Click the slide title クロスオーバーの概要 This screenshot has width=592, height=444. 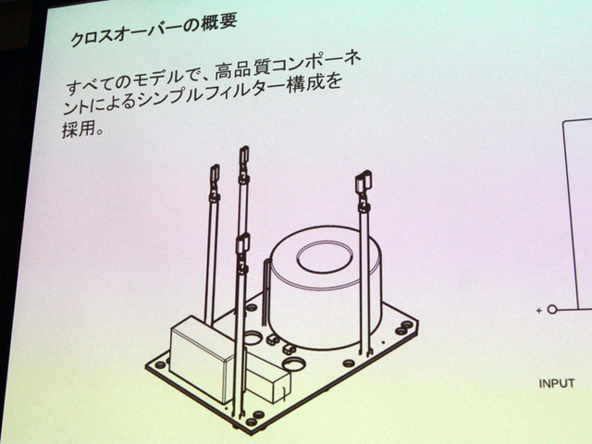(x=154, y=31)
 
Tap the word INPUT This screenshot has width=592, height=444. (x=557, y=384)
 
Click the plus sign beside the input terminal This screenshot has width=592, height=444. (x=538, y=311)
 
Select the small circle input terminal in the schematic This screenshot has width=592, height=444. (x=552, y=310)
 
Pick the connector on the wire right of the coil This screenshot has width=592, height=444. (x=364, y=182)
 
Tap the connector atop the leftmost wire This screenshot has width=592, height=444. (x=215, y=175)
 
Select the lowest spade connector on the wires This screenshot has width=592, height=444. (x=242, y=244)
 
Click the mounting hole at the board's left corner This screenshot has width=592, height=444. (x=160, y=365)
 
